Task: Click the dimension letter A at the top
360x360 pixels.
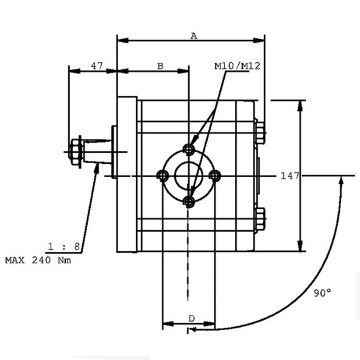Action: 194,36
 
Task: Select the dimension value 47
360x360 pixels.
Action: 97,66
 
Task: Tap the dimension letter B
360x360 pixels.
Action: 160,66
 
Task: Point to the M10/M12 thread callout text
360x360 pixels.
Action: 238,66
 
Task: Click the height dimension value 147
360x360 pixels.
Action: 290,176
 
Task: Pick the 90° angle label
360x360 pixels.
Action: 322,293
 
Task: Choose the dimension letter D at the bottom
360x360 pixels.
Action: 192,319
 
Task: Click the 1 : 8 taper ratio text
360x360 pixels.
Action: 64,247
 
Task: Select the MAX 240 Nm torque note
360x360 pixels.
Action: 38,260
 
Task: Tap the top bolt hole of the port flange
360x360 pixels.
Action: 189,150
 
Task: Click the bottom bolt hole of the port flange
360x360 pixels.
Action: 189,202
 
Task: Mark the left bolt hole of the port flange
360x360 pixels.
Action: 163,176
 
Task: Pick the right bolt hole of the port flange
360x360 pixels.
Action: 215,176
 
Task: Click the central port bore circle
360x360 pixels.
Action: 189,176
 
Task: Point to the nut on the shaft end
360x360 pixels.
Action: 75,152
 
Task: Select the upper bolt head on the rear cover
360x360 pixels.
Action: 260,133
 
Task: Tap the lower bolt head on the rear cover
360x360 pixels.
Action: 260,219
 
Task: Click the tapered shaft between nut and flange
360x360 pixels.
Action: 97,152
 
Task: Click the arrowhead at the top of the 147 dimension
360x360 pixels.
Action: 300,106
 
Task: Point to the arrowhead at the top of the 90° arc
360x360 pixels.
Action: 341,182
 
